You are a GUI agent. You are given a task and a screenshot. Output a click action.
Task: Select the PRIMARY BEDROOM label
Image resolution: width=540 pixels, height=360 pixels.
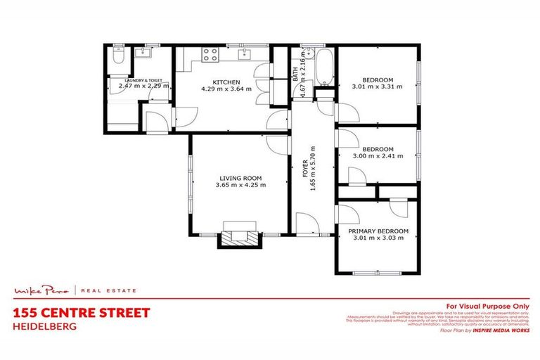coord(380,231)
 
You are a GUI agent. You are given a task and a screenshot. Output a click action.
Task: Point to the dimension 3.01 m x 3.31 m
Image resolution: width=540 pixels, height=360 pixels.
coord(378,86)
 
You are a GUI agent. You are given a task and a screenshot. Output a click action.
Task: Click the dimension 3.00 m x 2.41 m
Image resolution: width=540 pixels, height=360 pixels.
coord(378,156)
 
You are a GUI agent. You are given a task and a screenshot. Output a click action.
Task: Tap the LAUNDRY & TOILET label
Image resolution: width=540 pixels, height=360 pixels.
coord(143,81)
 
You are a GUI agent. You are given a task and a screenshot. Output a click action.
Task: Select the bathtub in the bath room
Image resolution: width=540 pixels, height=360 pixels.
coord(323,67)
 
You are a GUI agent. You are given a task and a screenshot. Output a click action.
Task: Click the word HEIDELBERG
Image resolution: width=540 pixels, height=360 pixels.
coord(43,326)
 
